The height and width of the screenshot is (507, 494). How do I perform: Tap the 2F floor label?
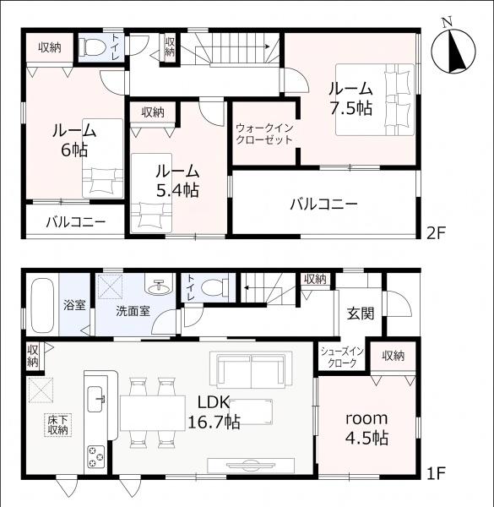(x=436, y=233)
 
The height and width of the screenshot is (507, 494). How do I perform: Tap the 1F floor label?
(x=435, y=474)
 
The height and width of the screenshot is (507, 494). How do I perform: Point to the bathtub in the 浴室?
(x=42, y=306)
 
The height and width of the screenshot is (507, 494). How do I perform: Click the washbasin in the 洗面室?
(x=158, y=286)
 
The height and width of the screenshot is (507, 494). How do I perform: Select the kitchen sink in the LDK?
(x=96, y=399)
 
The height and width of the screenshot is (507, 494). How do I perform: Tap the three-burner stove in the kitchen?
(x=96, y=456)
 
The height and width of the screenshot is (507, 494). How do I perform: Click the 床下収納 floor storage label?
(x=58, y=425)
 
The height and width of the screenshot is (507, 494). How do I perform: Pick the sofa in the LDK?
(x=251, y=369)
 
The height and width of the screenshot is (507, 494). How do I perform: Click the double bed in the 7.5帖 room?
(x=375, y=100)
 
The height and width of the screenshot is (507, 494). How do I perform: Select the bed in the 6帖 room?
(x=103, y=159)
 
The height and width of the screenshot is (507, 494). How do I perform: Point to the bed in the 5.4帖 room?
(x=151, y=193)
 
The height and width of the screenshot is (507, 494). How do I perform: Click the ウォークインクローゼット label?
(x=264, y=134)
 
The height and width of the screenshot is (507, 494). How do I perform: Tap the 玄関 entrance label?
(x=361, y=313)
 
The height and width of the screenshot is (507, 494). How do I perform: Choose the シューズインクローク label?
(x=342, y=357)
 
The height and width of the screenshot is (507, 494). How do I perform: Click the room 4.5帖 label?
(x=366, y=428)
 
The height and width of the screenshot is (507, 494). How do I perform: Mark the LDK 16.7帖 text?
(x=214, y=412)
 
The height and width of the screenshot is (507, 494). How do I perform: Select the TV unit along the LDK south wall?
(x=251, y=465)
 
